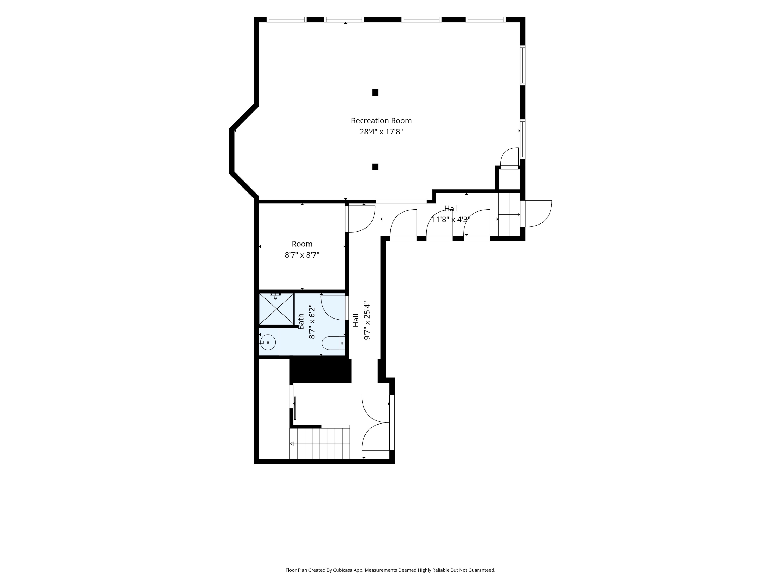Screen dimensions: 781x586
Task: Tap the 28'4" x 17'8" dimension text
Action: [381, 132]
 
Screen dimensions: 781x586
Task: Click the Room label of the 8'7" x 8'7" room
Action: [302, 244]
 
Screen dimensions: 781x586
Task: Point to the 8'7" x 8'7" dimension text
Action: [302, 255]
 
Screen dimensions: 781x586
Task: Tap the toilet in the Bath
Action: [333, 343]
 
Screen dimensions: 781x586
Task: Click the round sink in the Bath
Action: [268, 342]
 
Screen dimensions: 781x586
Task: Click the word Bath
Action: [301, 321]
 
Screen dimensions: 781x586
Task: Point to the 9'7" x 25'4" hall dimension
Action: [367, 321]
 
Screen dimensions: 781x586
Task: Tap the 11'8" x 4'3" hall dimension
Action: [451, 219]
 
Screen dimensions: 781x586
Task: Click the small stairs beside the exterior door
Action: [509, 214]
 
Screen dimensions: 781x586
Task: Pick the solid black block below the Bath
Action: [320, 371]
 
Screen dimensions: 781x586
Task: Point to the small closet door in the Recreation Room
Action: [509, 157]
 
